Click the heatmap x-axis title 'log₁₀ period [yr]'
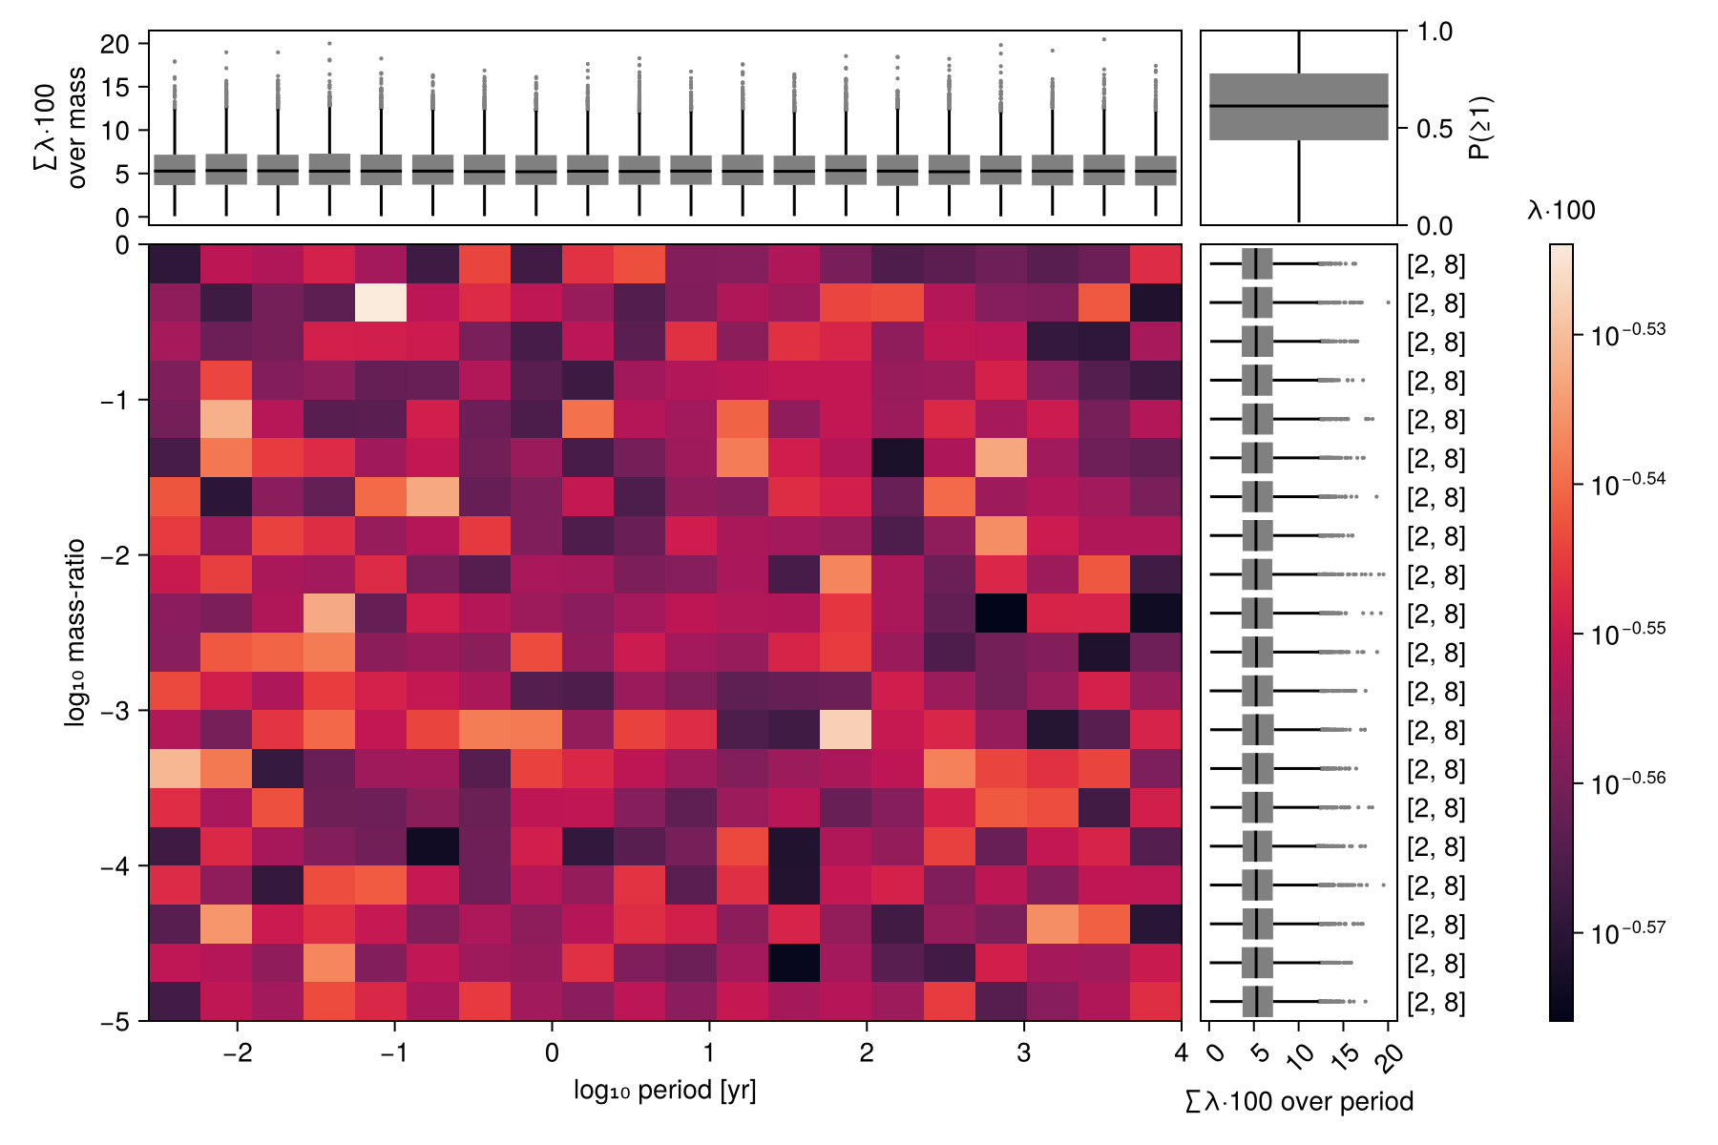point(664,1091)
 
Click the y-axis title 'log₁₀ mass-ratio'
point(75,633)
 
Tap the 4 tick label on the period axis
point(1182,1053)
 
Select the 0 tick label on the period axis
point(552,1053)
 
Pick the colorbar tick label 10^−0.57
point(1628,931)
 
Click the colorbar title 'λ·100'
point(1561,211)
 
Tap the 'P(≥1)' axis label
point(1481,128)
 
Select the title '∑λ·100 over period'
point(1299,1102)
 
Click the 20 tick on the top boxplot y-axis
point(115,44)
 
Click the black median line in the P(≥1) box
point(1299,106)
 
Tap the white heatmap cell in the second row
point(381,303)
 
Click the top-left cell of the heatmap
point(175,264)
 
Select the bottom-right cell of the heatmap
point(1156,1002)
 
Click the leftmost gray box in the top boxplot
point(175,170)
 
